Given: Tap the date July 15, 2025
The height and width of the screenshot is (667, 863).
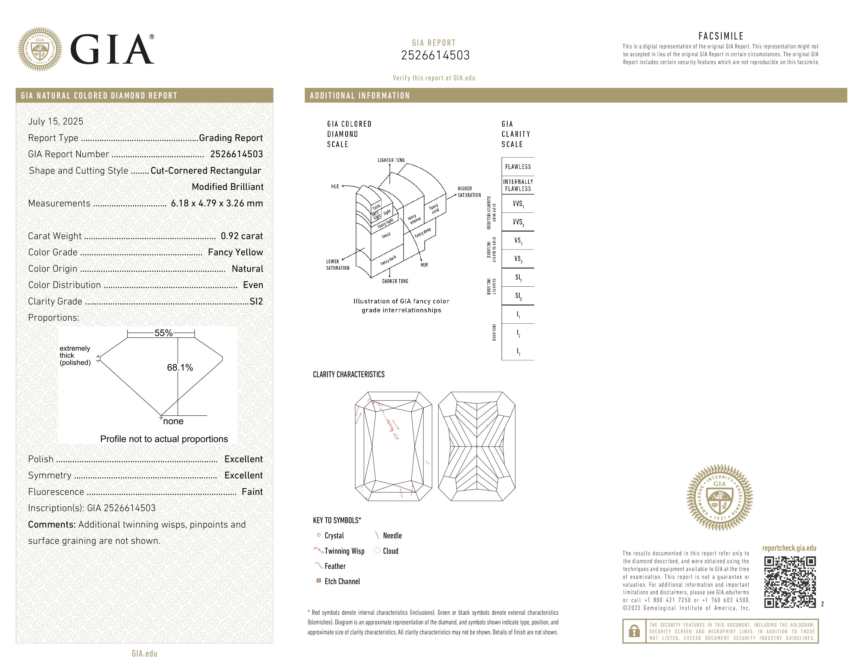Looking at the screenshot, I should [x=56, y=121].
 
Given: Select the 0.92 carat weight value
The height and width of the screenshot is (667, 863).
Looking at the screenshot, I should [x=241, y=236].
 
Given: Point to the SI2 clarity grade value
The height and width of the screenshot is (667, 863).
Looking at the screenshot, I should [x=256, y=301].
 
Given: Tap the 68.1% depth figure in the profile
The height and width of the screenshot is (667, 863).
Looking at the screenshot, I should [x=180, y=368].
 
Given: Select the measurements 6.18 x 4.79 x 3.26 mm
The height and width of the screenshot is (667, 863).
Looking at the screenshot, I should [x=217, y=203].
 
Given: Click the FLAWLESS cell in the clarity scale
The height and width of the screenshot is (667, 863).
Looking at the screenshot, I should [x=518, y=167].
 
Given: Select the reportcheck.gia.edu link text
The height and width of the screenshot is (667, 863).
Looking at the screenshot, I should [x=789, y=548].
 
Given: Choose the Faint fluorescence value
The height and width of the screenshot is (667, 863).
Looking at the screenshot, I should [x=252, y=491].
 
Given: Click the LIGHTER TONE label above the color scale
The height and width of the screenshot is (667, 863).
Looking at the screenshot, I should [x=391, y=160].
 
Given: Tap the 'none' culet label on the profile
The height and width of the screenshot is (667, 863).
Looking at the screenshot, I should [x=173, y=421].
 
